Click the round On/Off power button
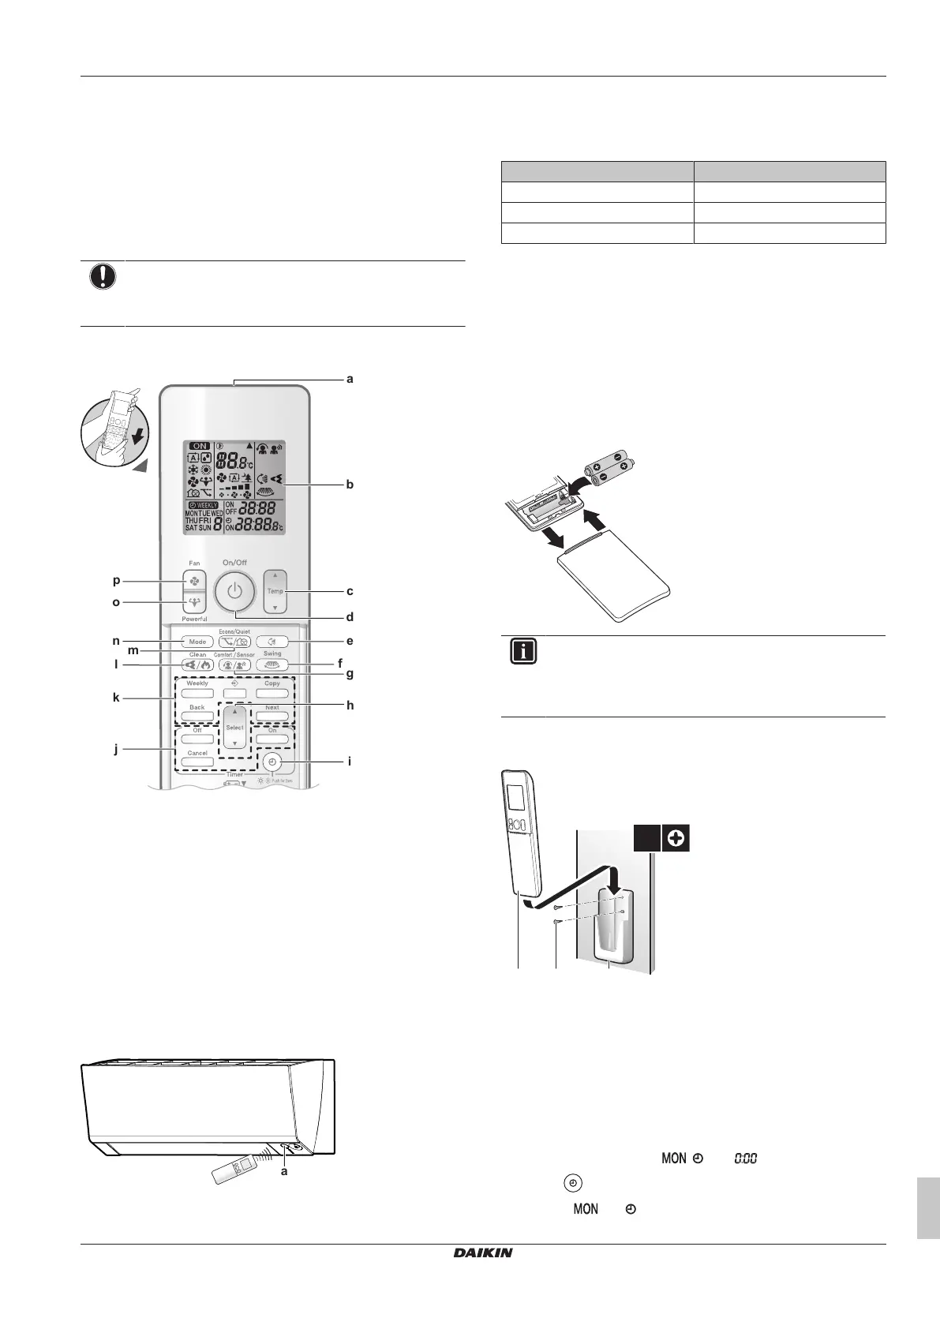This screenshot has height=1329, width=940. (234, 590)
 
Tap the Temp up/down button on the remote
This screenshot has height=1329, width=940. (275, 591)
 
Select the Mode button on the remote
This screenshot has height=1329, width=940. (197, 642)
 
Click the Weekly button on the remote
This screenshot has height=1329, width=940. (197, 693)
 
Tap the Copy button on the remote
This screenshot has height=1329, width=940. (272, 693)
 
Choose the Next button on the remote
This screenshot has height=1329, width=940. (272, 717)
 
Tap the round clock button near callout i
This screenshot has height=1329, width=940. (272, 762)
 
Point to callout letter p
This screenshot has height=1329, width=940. (116, 580)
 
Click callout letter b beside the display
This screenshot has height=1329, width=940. (349, 484)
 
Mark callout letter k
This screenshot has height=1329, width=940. (116, 698)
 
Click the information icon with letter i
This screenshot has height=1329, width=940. (524, 653)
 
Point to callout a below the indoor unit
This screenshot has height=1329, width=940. (284, 1171)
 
